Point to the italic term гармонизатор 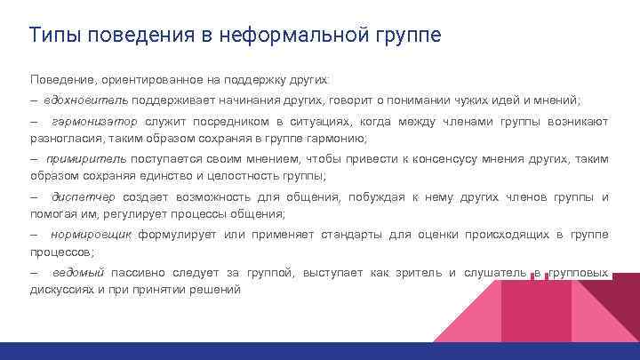96,121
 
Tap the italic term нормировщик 92,235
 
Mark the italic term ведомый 78,272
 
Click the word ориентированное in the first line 147,78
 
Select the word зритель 423,272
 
